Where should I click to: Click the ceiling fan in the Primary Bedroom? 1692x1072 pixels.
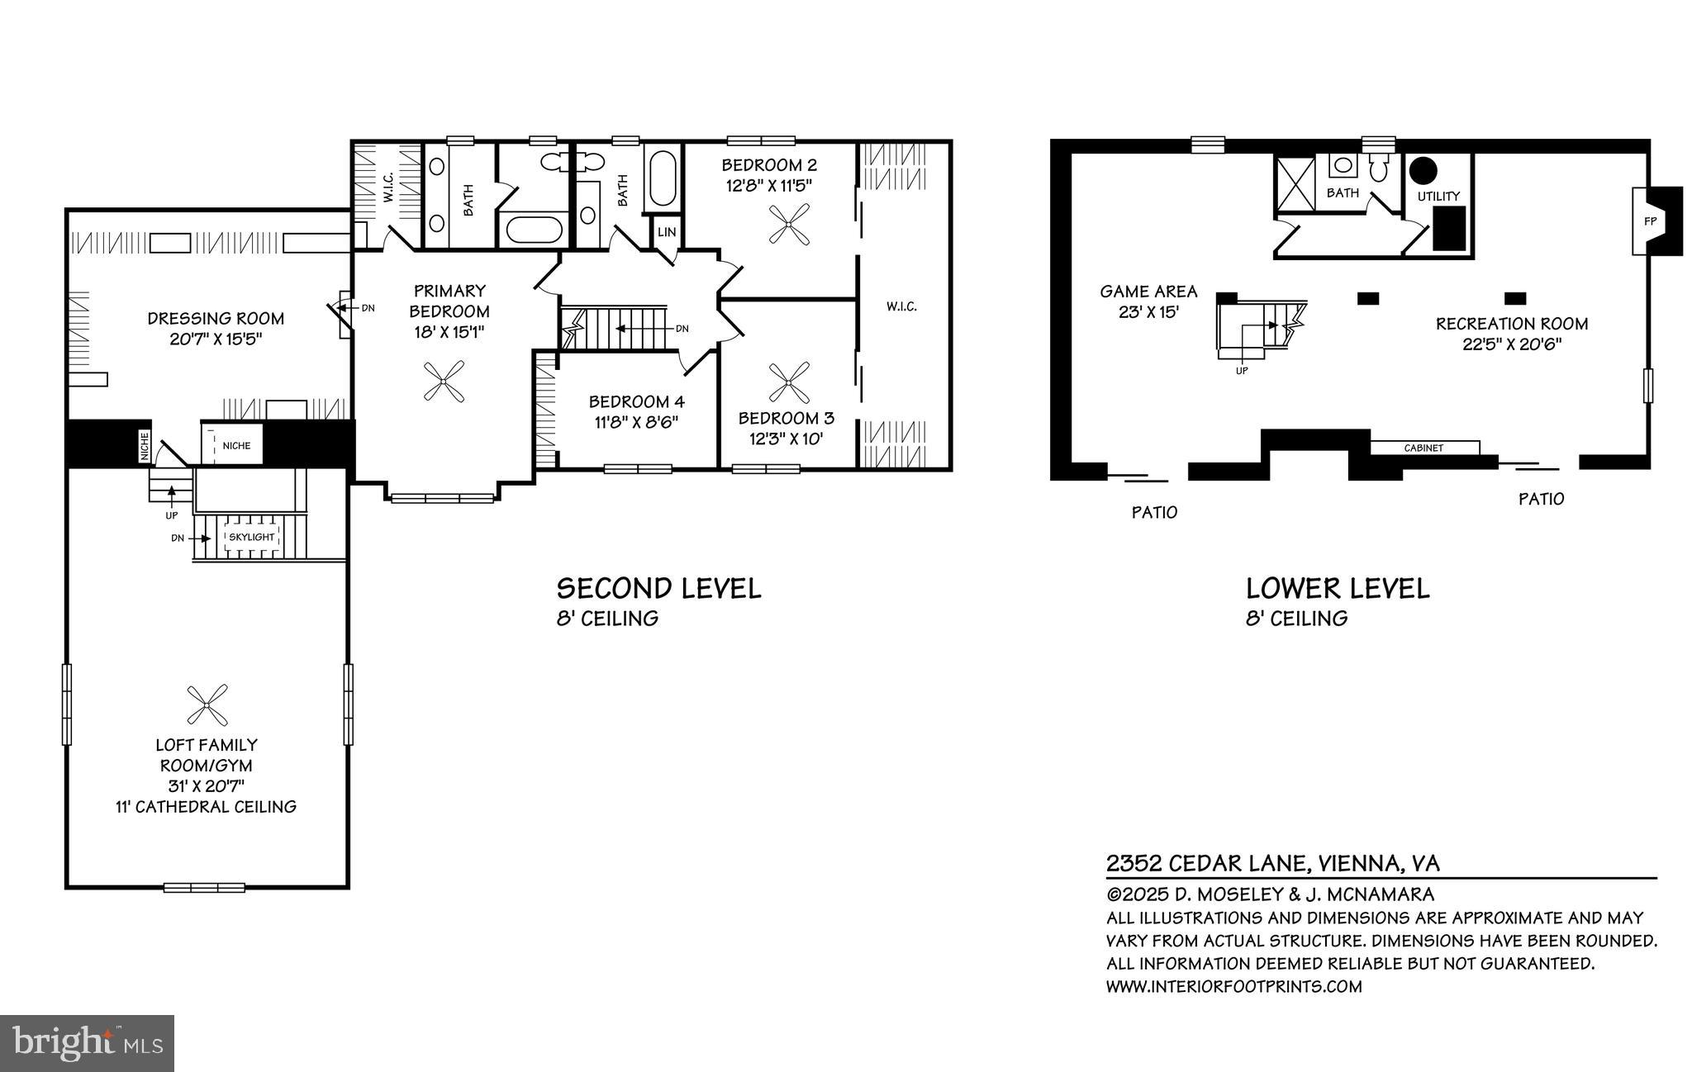[444, 382]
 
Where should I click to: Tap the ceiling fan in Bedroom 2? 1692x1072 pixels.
[788, 224]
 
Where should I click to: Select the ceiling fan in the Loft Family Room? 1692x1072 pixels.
[207, 704]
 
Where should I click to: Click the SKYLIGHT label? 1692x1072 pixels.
[252, 537]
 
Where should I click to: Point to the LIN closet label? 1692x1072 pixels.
[667, 232]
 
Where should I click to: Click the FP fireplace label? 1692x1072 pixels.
[1650, 221]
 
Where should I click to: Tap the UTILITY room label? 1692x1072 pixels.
[1438, 197]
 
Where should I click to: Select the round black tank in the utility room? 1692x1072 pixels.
[1423, 171]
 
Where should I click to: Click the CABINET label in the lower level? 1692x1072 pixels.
[1423, 448]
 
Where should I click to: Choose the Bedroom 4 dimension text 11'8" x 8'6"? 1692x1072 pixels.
[635, 422]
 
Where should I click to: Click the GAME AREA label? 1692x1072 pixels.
[1148, 292]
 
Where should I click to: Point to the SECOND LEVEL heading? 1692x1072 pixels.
[658, 589]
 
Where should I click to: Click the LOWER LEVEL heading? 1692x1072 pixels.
[1337, 589]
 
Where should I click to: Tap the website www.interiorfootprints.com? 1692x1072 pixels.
[1233, 986]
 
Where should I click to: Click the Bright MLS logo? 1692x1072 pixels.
[87, 1043]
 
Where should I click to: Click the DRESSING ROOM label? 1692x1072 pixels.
[216, 319]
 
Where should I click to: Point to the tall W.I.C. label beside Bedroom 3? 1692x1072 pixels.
[901, 306]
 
